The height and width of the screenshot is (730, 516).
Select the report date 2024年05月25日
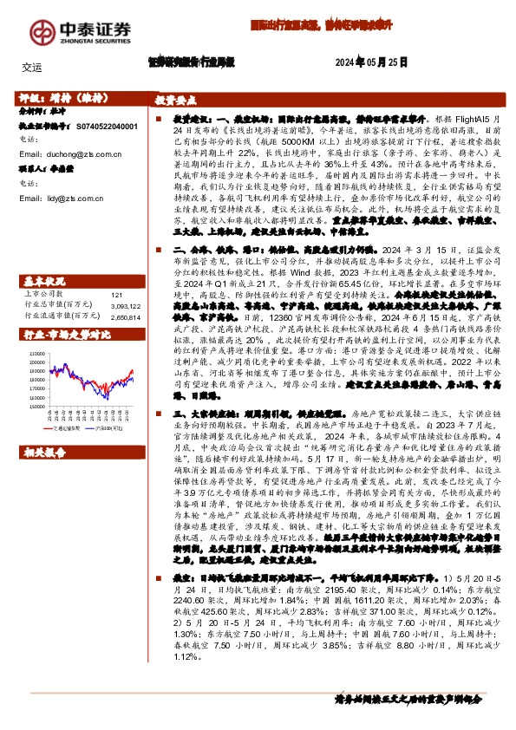371,63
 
